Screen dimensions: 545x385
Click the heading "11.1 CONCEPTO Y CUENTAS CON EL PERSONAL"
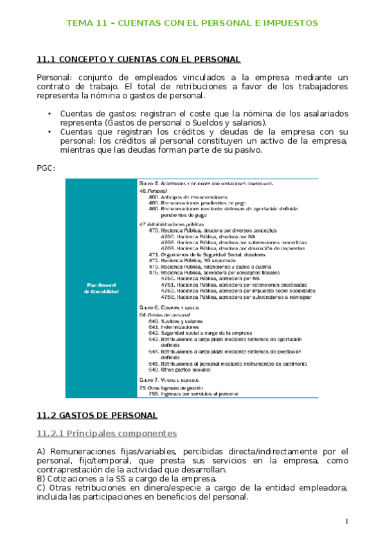click(x=139, y=60)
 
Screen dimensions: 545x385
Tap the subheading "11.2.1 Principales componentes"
click(x=107, y=433)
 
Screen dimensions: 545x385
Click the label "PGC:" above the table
click(x=47, y=168)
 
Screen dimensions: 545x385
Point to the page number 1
click(x=346, y=521)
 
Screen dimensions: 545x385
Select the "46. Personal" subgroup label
click(x=153, y=191)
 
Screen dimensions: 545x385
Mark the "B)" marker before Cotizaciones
click(x=41, y=479)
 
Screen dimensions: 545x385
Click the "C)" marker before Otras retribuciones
click(x=41, y=488)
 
